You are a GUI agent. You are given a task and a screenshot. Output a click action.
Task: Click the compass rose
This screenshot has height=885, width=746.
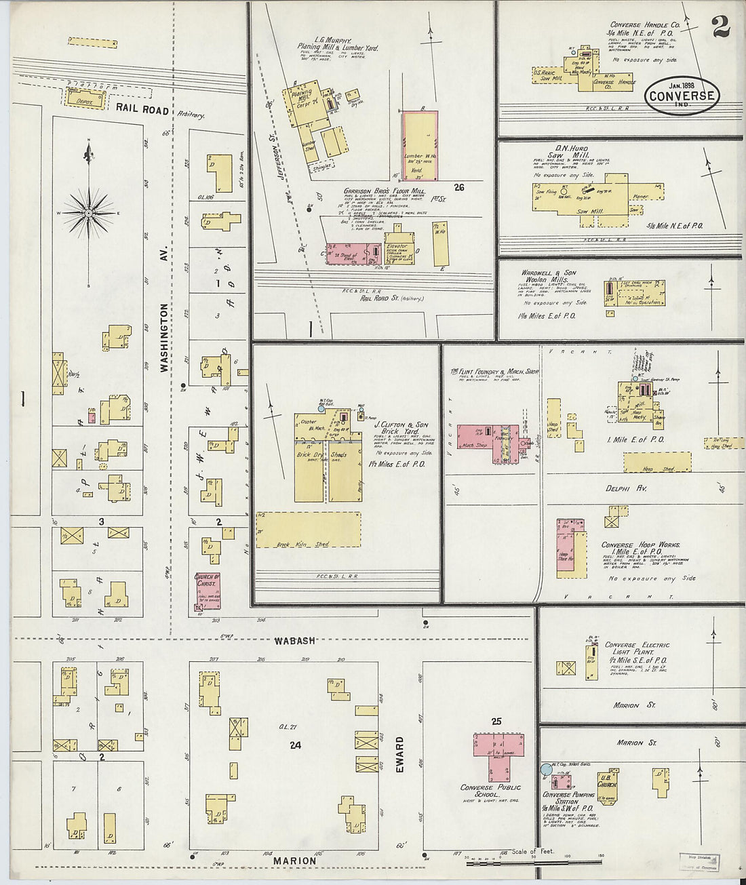pos(89,214)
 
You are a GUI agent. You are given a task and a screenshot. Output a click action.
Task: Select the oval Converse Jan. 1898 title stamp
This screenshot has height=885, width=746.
pos(681,94)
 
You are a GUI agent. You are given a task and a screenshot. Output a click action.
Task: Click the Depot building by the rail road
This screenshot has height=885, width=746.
pos(85,100)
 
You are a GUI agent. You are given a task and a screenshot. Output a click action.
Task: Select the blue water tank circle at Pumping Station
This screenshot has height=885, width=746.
pos(546,769)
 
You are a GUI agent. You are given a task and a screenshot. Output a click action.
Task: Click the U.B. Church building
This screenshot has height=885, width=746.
pos(607,785)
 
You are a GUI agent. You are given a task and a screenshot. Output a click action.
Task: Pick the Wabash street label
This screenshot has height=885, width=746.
pos(295,640)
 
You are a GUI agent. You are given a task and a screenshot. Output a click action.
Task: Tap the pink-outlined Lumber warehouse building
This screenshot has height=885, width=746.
pos(419,145)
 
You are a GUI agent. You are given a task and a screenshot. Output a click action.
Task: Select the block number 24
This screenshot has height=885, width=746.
pos(294,745)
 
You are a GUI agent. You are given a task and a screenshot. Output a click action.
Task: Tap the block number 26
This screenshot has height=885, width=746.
pos(459,188)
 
